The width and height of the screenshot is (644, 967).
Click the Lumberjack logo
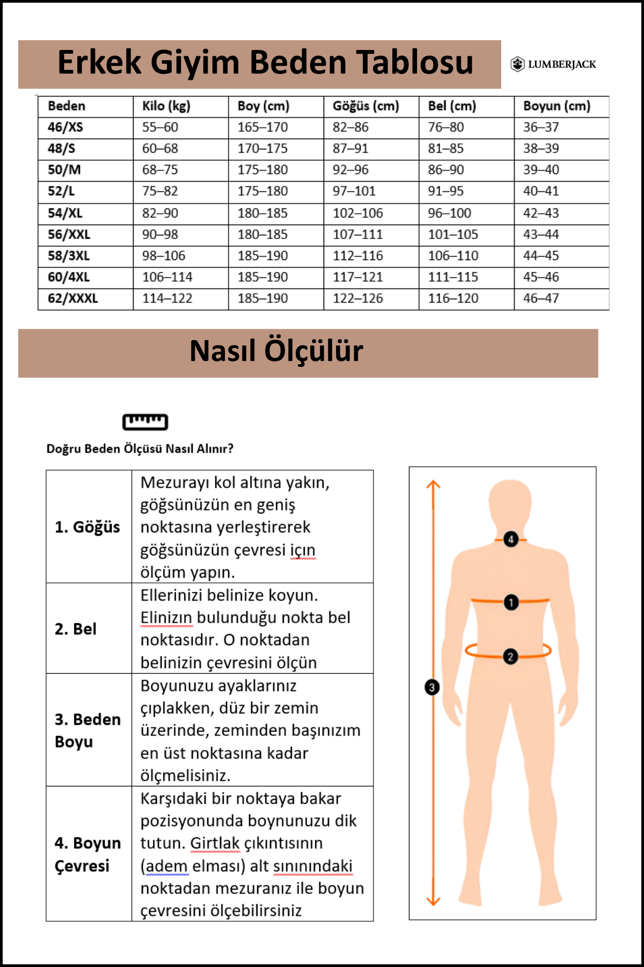(x=553, y=64)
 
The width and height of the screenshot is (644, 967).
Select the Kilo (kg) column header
(x=166, y=106)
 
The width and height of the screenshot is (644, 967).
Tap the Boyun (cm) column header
(x=557, y=106)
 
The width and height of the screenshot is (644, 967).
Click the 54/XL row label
(x=65, y=213)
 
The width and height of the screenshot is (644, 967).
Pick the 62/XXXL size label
(x=72, y=298)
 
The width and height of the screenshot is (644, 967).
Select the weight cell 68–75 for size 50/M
(x=160, y=170)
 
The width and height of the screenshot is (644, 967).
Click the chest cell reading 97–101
(x=354, y=191)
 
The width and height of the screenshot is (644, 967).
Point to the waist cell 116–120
(x=453, y=298)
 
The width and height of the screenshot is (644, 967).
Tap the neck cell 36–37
(x=541, y=127)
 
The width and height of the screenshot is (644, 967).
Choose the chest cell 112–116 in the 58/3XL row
(x=358, y=256)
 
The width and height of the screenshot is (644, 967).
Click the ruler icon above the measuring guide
(x=145, y=422)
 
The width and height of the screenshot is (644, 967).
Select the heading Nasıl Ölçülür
(x=276, y=351)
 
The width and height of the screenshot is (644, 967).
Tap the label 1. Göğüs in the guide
(x=87, y=527)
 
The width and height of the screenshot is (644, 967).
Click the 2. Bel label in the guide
(x=76, y=629)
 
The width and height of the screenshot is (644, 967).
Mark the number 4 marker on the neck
(x=511, y=539)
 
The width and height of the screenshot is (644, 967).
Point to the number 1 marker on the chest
(x=511, y=602)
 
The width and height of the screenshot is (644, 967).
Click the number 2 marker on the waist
(x=510, y=656)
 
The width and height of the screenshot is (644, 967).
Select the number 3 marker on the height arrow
(x=431, y=687)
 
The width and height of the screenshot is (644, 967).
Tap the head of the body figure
(x=510, y=505)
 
